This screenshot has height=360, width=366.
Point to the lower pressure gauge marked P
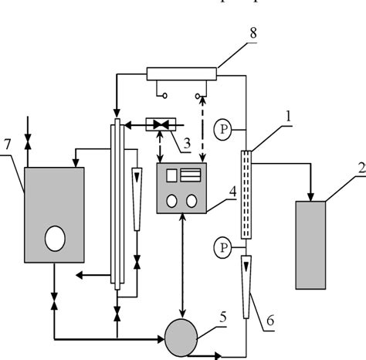tap(223, 247)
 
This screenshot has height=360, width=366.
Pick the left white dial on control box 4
tap(171, 200)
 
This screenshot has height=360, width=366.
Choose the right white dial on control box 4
tap(193, 200)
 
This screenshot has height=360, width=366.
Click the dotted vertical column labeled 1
tap(246, 193)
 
